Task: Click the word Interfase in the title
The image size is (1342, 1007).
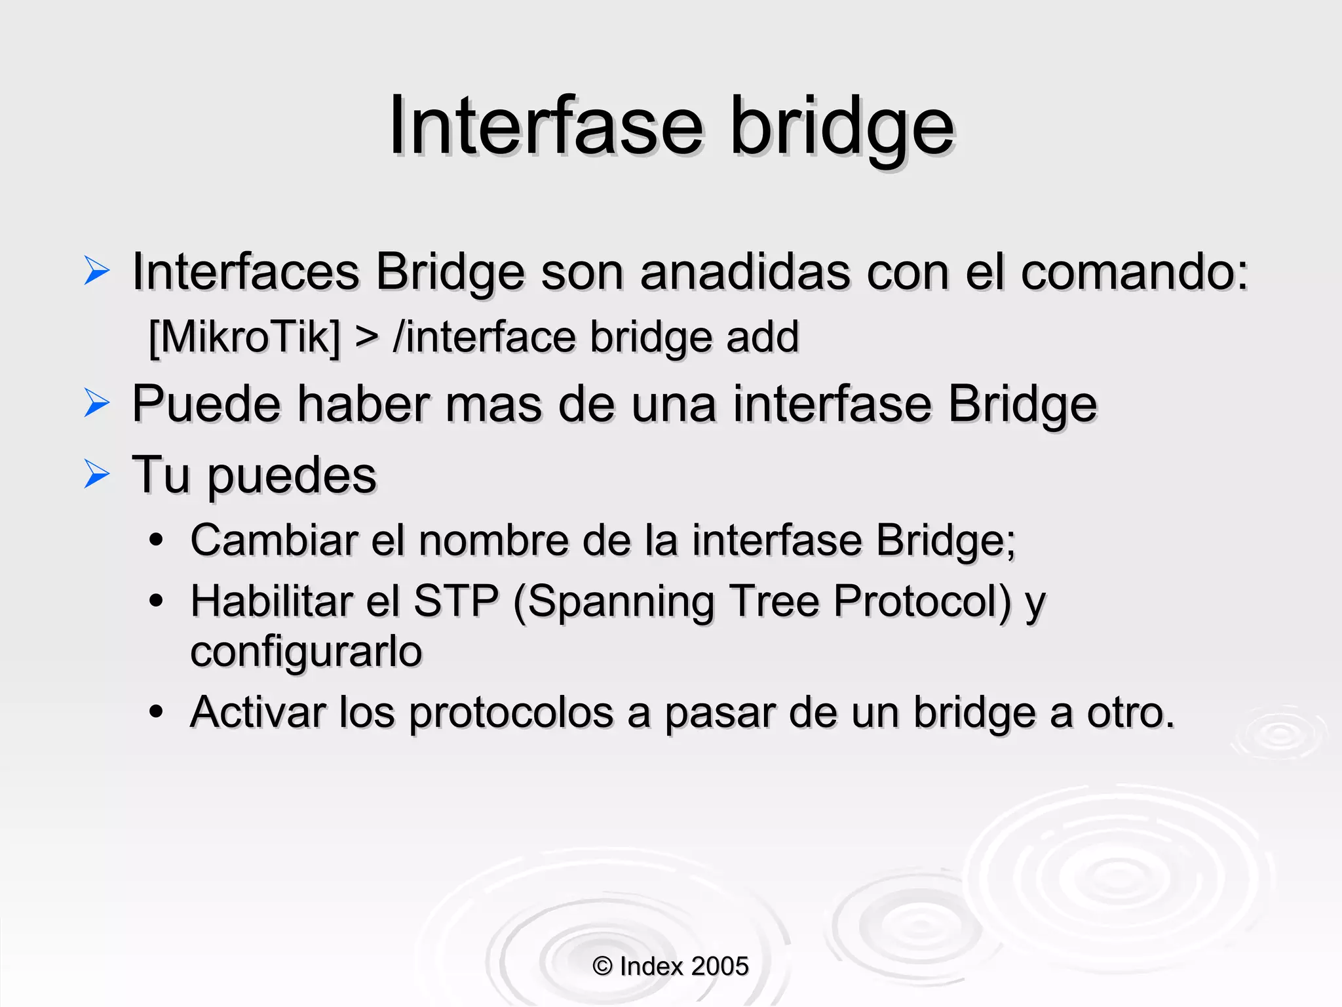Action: [x=546, y=126]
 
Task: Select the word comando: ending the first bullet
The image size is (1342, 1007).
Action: [x=1134, y=272]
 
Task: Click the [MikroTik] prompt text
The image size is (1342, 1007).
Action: [x=244, y=338]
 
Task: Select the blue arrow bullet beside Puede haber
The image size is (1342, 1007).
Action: [x=97, y=403]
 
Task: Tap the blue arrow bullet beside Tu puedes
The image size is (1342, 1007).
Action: [x=97, y=474]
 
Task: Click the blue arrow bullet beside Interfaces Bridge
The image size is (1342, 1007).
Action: [x=97, y=271]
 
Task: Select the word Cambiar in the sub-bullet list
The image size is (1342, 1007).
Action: [x=273, y=541]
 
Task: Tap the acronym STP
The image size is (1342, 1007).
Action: [x=456, y=601]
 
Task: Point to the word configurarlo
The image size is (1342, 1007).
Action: [x=306, y=652]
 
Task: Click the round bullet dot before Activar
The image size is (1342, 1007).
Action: [x=156, y=711]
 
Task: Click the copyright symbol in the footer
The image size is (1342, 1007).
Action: [x=602, y=966]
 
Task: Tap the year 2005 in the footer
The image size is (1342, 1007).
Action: [x=719, y=966]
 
